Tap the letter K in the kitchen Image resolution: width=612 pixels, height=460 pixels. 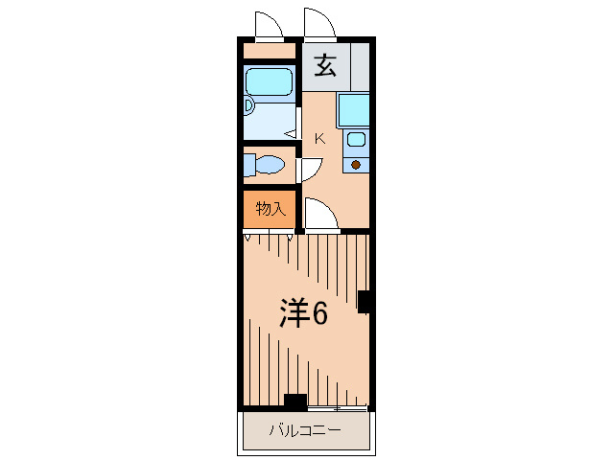[320, 139]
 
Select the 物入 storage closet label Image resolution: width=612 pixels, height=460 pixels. [271, 208]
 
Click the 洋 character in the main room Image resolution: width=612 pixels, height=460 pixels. [294, 312]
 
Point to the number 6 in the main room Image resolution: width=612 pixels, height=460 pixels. [319, 312]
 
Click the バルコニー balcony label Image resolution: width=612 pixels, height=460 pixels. [304, 431]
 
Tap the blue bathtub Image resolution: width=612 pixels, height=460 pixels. [268, 82]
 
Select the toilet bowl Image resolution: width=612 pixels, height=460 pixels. [268, 166]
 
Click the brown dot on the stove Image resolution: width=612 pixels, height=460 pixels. [356, 165]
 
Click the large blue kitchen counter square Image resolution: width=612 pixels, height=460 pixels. [353, 110]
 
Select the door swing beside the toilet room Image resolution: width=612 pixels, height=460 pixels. [309, 170]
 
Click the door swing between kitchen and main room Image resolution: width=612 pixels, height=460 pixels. [320, 216]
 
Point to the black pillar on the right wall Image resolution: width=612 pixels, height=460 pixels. [365, 301]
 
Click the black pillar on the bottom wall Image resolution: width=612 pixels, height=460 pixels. [295, 402]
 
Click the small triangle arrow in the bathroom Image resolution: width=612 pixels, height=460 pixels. [288, 135]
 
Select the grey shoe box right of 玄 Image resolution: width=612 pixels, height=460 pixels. [360, 66]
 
